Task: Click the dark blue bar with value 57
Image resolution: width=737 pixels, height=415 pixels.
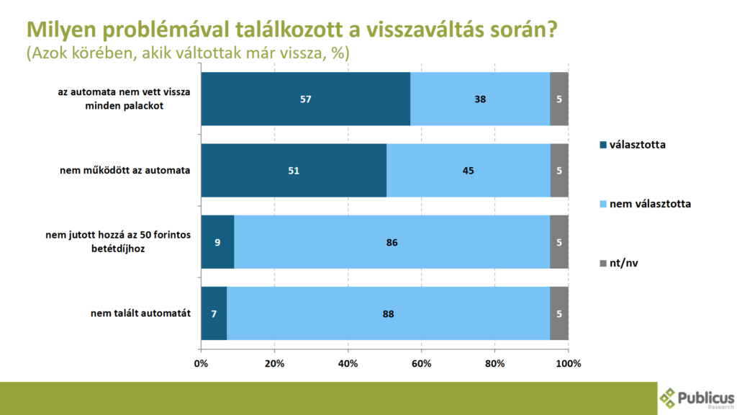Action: click(306, 99)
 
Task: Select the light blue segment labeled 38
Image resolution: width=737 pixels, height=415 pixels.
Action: click(480, 99)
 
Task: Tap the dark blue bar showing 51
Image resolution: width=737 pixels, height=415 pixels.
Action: click(294, 170)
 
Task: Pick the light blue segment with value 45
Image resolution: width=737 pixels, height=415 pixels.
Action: click(469, 170)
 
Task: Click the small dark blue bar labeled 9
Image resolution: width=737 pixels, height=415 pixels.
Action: click(217, 242)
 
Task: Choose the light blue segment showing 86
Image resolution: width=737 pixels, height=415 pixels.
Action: click(392, 242)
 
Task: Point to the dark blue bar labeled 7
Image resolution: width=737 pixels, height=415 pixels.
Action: click(214, 313)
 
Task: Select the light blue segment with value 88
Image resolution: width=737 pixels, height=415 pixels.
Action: click(388, 313)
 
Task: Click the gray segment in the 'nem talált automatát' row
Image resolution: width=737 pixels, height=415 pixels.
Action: click(559, 313)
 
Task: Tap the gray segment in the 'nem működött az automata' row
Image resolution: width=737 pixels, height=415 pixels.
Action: click(559, 170)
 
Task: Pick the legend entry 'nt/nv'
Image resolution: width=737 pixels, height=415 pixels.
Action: click(623, 263)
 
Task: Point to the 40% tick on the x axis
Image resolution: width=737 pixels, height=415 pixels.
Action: click(348, 363)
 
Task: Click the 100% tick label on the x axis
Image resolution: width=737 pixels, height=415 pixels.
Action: click(569, 363)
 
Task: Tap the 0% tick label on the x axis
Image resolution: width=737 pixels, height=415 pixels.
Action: click(202, 363)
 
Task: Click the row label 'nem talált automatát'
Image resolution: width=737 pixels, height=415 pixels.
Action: click(140, 313)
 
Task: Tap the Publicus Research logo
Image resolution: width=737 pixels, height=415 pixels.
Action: click(697, 398)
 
